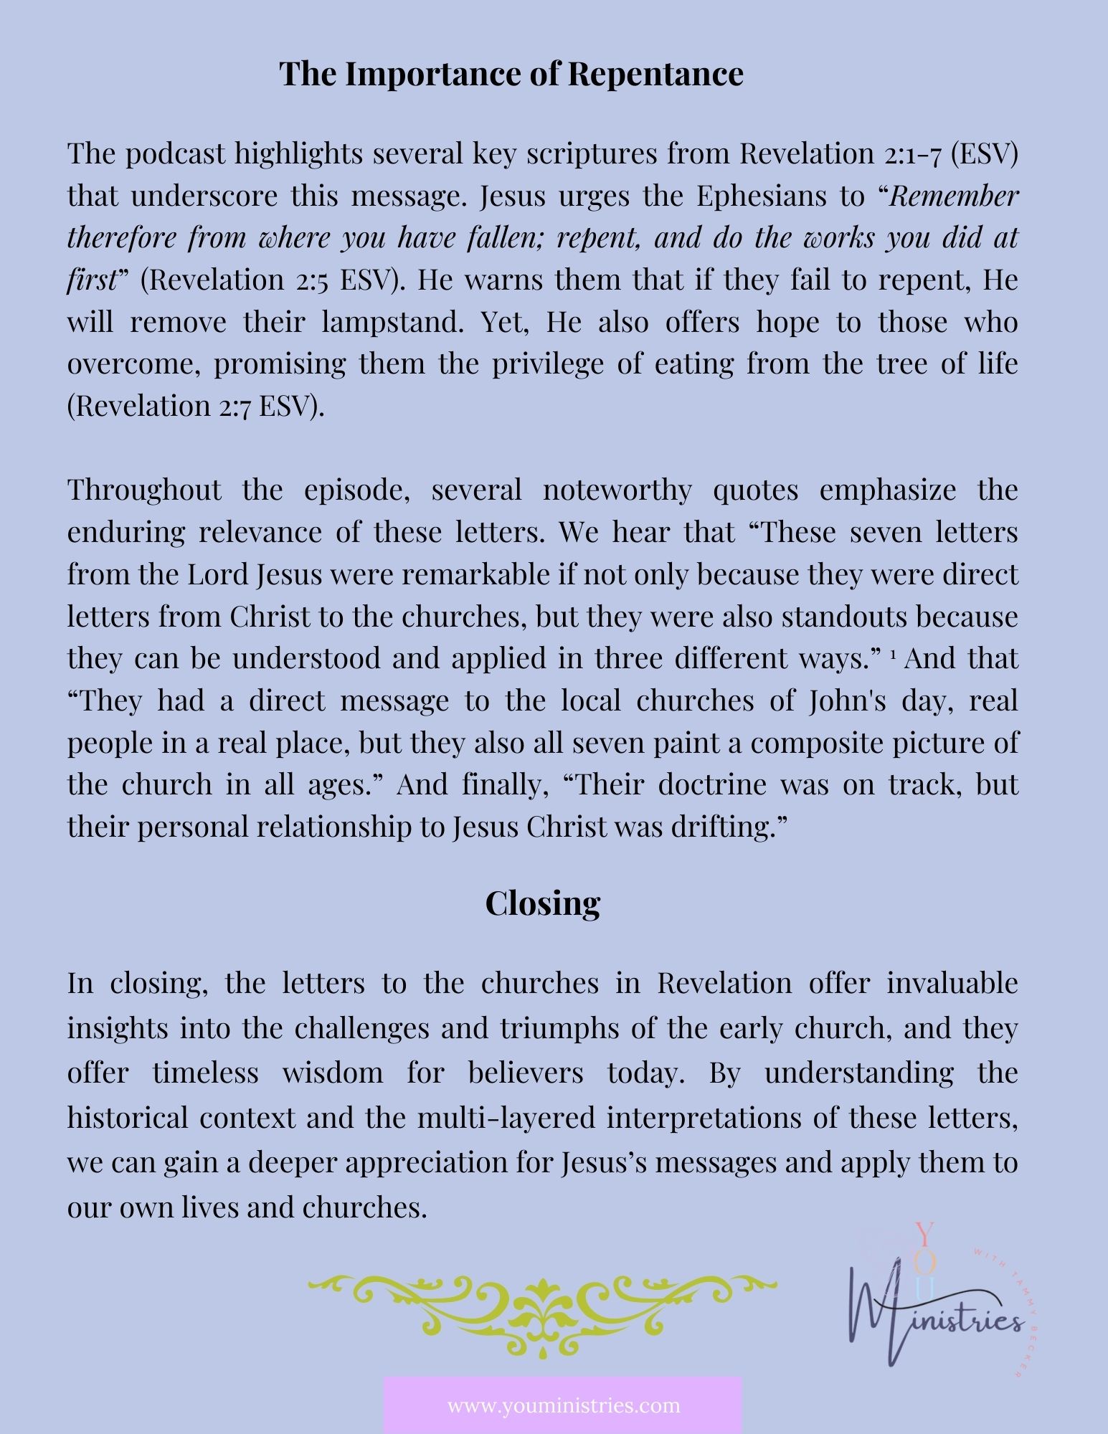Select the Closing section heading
point(542,903)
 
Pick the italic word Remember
point(954,196)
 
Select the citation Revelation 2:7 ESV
point(195,407)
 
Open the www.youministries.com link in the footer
point(564,1404)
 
